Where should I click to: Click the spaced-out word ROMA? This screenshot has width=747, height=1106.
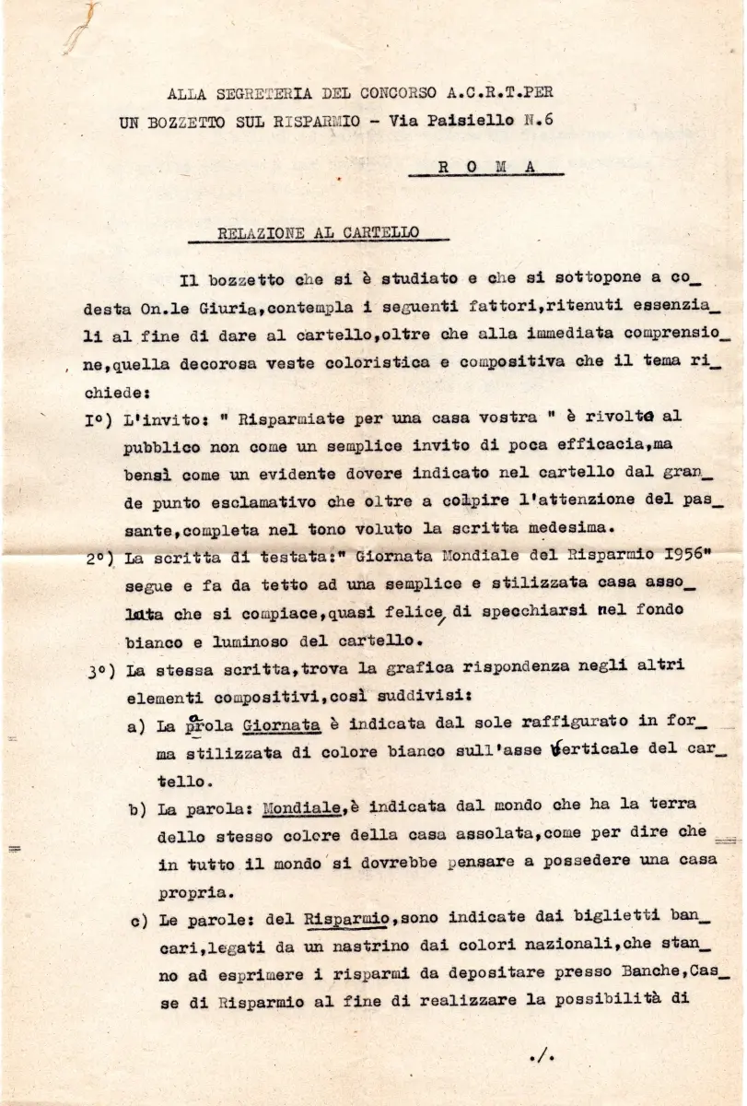tap(484, 167)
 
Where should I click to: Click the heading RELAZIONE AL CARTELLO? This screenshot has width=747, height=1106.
tap(316, 234)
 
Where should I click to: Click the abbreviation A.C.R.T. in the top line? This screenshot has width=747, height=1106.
tap(479, 93)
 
